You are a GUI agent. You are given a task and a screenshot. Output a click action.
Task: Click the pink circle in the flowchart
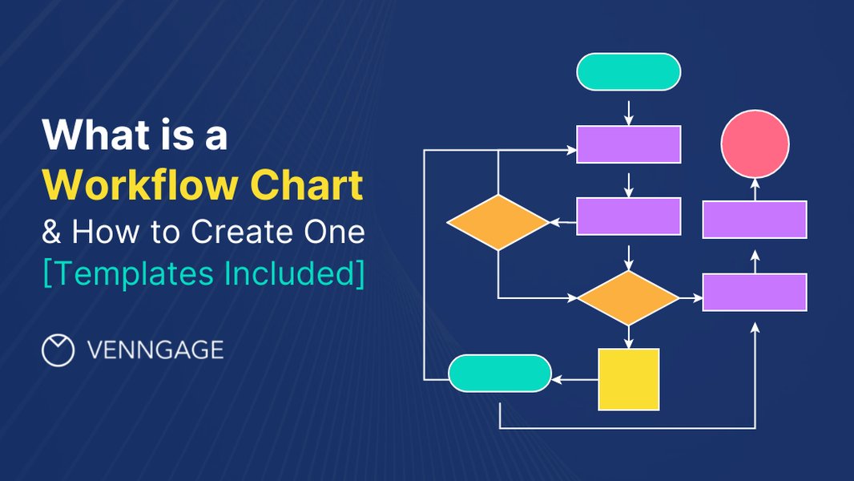pos(755,144)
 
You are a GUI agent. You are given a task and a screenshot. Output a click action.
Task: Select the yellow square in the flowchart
pos(629,379)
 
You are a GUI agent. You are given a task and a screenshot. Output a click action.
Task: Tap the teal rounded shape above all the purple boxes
pos(629,71)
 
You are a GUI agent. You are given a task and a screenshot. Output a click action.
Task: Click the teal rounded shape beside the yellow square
pos(500,374)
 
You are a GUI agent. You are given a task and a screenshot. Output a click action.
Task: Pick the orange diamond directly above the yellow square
pos(628,297)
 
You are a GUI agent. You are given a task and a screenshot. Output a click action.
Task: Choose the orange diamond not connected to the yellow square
pos(497,222)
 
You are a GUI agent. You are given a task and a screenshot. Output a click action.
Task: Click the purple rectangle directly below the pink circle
pos(755,220)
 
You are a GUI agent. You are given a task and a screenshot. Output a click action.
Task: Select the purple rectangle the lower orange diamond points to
pos(755,292)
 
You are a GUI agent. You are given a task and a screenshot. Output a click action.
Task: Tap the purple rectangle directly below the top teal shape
pos(629,144)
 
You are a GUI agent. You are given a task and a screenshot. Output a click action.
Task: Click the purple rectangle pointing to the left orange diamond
pos(629,216)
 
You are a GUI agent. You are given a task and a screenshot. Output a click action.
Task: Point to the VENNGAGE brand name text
pos(155,350)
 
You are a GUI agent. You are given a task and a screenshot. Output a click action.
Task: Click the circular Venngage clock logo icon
pos(58,350)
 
